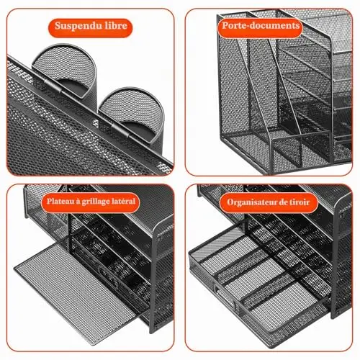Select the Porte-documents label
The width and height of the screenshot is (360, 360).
point(261,26)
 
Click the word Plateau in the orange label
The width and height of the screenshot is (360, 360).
point(60,201)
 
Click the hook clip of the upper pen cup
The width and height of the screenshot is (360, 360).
point(52,86)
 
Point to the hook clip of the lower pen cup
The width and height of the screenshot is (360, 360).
point(120,130)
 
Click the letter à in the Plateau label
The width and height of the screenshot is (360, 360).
point(78,202)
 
